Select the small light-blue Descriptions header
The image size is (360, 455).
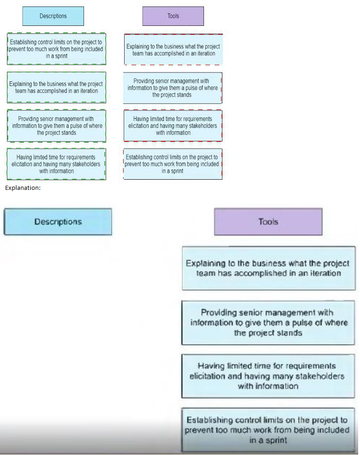53,16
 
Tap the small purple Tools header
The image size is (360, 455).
173,16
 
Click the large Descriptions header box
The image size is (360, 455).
58,222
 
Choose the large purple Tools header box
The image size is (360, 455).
268,222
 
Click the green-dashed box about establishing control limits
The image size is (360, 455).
56,49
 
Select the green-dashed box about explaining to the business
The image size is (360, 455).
56,87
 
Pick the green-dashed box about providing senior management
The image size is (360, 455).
56,126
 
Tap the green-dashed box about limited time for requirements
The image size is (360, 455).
56,164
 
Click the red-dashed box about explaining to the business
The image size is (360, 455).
173,50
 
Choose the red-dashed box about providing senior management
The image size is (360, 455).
173,88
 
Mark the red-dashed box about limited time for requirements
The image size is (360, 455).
173,126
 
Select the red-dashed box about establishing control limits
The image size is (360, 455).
173,164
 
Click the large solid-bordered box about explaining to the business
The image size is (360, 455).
269,268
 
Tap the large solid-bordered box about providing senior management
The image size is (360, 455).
269,322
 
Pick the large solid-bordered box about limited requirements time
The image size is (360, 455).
268,376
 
